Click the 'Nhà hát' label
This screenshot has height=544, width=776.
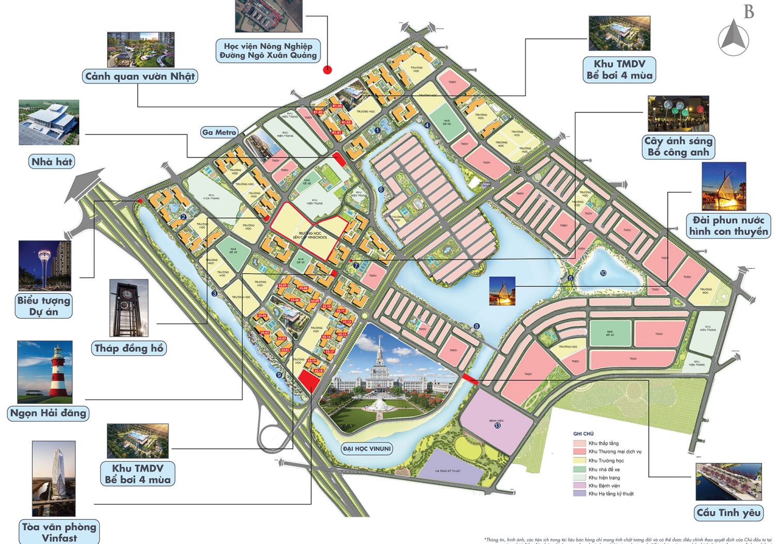52,162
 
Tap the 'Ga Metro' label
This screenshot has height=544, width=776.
219,133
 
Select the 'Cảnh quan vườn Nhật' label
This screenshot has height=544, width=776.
140,77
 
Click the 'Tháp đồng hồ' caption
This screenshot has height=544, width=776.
129,348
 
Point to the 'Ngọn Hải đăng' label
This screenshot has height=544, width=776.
48,413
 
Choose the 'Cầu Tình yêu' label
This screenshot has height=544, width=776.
728,513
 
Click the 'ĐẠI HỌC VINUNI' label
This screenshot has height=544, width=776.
367,449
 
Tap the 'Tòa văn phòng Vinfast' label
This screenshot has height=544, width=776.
59,532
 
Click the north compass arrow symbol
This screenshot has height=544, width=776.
733,38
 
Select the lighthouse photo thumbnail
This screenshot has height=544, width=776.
45,372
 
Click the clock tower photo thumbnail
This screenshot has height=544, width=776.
129,308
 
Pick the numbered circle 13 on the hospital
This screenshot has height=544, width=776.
497,425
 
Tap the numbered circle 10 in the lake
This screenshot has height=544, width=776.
603,273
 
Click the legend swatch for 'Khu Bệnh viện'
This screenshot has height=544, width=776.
579,485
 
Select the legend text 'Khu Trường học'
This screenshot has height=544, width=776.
606,461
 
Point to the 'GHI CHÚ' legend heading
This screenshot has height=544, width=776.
583,434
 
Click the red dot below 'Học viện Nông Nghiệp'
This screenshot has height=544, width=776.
327,70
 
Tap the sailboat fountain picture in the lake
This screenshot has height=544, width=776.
502,291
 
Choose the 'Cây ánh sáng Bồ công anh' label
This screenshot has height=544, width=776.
678,147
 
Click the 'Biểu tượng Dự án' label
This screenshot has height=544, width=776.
43,306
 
